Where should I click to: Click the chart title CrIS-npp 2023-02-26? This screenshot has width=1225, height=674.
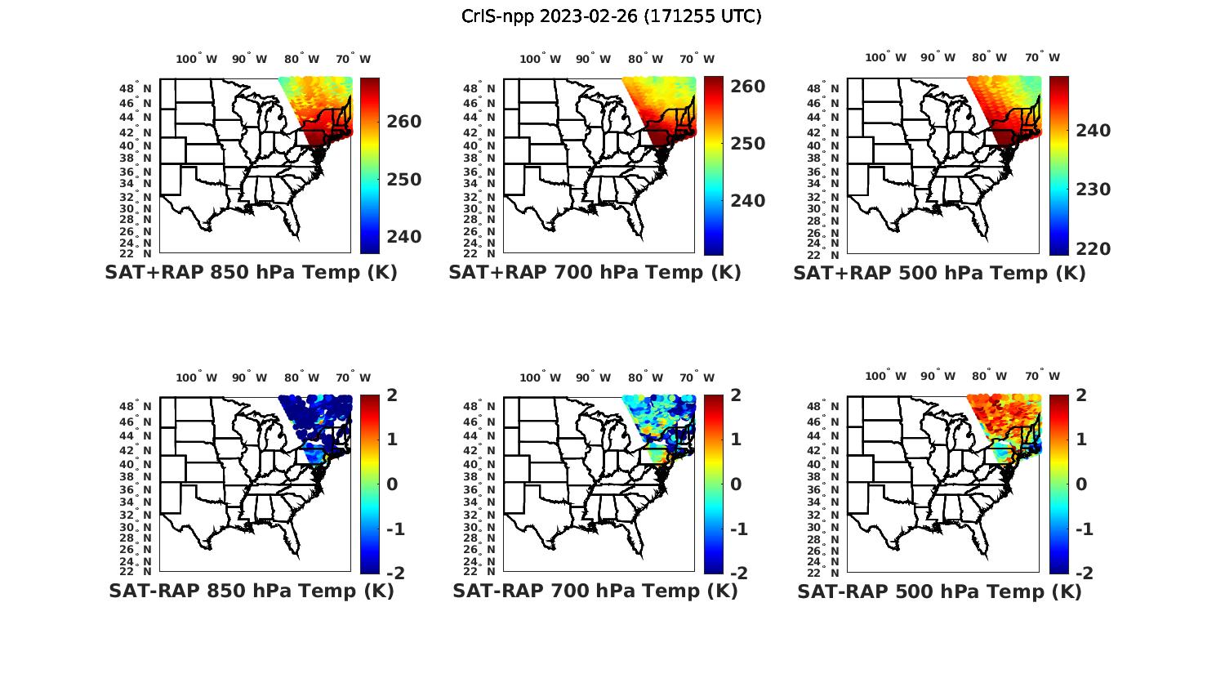611,16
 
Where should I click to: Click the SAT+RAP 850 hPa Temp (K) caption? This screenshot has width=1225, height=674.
251,273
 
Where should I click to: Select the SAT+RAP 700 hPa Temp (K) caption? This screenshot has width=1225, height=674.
595,273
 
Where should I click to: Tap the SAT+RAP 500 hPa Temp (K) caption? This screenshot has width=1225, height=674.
939,274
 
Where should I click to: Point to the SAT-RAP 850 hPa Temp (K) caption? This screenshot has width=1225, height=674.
251,591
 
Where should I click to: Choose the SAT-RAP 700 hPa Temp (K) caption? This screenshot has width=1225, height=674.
595,591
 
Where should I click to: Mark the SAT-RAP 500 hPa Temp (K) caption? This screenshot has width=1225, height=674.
939,591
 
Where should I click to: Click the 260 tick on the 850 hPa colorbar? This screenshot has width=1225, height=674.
403,122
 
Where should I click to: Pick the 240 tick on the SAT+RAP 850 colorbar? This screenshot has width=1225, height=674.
403,237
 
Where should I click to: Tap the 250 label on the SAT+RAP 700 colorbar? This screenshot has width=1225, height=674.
747,144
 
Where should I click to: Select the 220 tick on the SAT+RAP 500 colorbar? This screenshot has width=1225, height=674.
1093,249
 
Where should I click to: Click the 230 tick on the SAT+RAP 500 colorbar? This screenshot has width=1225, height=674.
1093,190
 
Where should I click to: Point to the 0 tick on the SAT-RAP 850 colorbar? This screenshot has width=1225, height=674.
392,484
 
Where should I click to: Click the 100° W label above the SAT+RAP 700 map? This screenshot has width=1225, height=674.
540,59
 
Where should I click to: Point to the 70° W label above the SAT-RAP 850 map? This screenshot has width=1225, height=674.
353,377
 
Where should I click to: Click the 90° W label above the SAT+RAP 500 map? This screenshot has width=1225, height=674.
937,57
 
